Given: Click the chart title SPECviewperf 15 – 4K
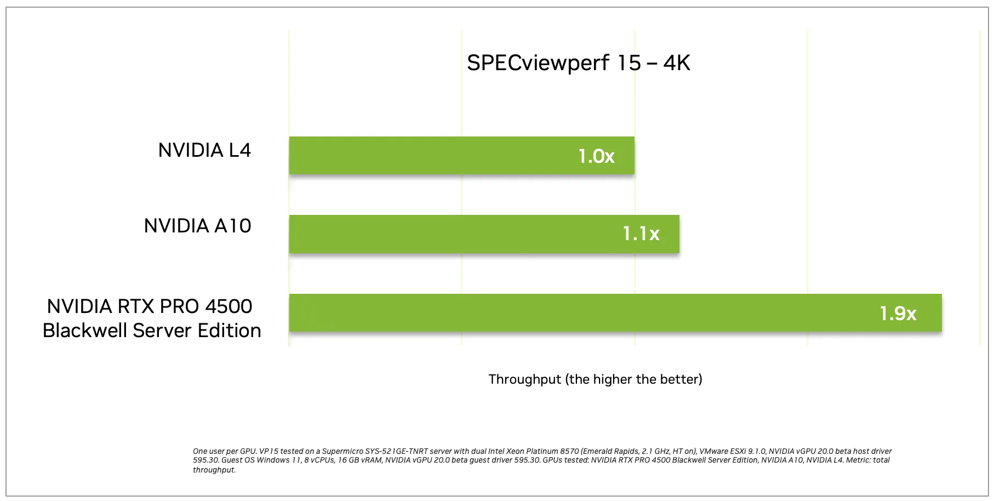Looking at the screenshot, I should point(578,63).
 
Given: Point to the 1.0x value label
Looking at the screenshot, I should point(596,156).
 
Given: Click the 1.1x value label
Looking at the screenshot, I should point(641,234).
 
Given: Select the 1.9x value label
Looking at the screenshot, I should point(898,314).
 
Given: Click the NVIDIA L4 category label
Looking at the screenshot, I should point(204,150).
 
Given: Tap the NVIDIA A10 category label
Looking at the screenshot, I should point(197,226).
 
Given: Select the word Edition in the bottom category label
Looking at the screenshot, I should point(229,331).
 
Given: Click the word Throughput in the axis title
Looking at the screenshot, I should point(524,379).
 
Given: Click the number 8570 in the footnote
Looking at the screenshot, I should point(566,452).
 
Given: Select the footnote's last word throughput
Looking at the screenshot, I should point(214,470).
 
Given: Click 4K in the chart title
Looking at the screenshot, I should point(676,63).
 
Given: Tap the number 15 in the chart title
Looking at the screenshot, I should point(629,63).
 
